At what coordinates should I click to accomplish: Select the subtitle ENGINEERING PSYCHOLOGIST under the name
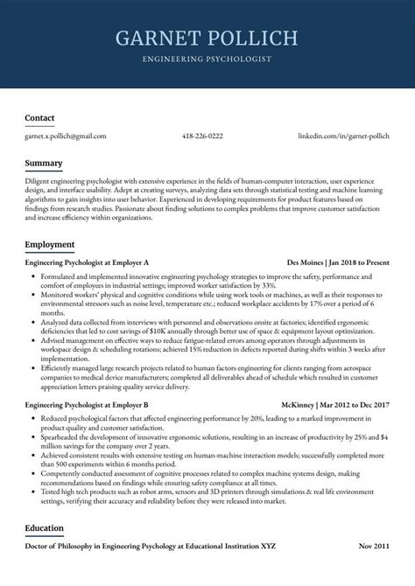pos(207,59)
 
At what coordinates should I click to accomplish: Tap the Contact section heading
pos(39,117)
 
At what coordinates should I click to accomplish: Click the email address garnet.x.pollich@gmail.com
pos(66,136)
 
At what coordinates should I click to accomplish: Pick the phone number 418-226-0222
pos(202,136)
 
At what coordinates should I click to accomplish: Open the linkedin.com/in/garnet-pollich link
pos(343,136)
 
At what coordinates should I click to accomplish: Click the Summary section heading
pos(43,164)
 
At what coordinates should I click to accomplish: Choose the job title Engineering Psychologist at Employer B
pos(87,405)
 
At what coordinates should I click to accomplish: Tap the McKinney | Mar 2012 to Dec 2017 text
pos(336,405)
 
